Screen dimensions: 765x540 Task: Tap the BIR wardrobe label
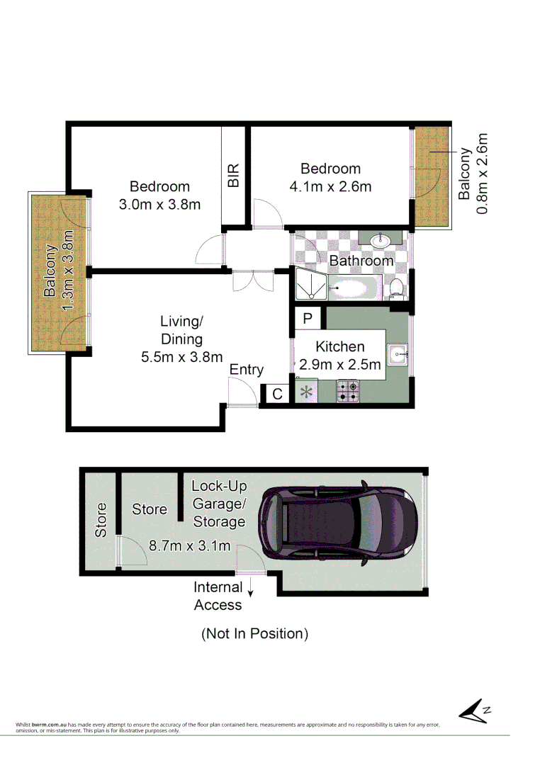pos(233,176)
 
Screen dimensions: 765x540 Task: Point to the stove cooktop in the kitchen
pos(347,390)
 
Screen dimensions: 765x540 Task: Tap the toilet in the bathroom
pos(397,288)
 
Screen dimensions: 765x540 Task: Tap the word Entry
pos(247,370)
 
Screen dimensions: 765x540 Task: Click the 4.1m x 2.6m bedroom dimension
pos(330,187)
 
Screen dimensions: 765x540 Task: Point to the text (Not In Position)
pos(255,633)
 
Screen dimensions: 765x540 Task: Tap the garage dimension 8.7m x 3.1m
pos(190,545)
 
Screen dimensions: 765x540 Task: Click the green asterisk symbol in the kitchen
pos(307,391)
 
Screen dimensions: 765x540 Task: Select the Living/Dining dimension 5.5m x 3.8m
pos(182,357)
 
